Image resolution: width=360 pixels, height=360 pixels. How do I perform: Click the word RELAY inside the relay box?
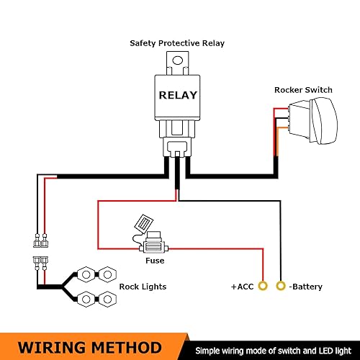(176, 94)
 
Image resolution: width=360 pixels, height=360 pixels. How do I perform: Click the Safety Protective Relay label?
(177, 43)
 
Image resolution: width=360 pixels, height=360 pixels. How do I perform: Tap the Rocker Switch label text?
(303, 90)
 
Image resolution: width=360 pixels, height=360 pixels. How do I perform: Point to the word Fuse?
(155, 261)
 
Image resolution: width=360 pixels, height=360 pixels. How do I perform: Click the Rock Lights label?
(143, 287)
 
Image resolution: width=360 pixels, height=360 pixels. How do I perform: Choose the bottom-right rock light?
(107, 297)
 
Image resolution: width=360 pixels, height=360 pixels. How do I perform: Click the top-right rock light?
(107, 274)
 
